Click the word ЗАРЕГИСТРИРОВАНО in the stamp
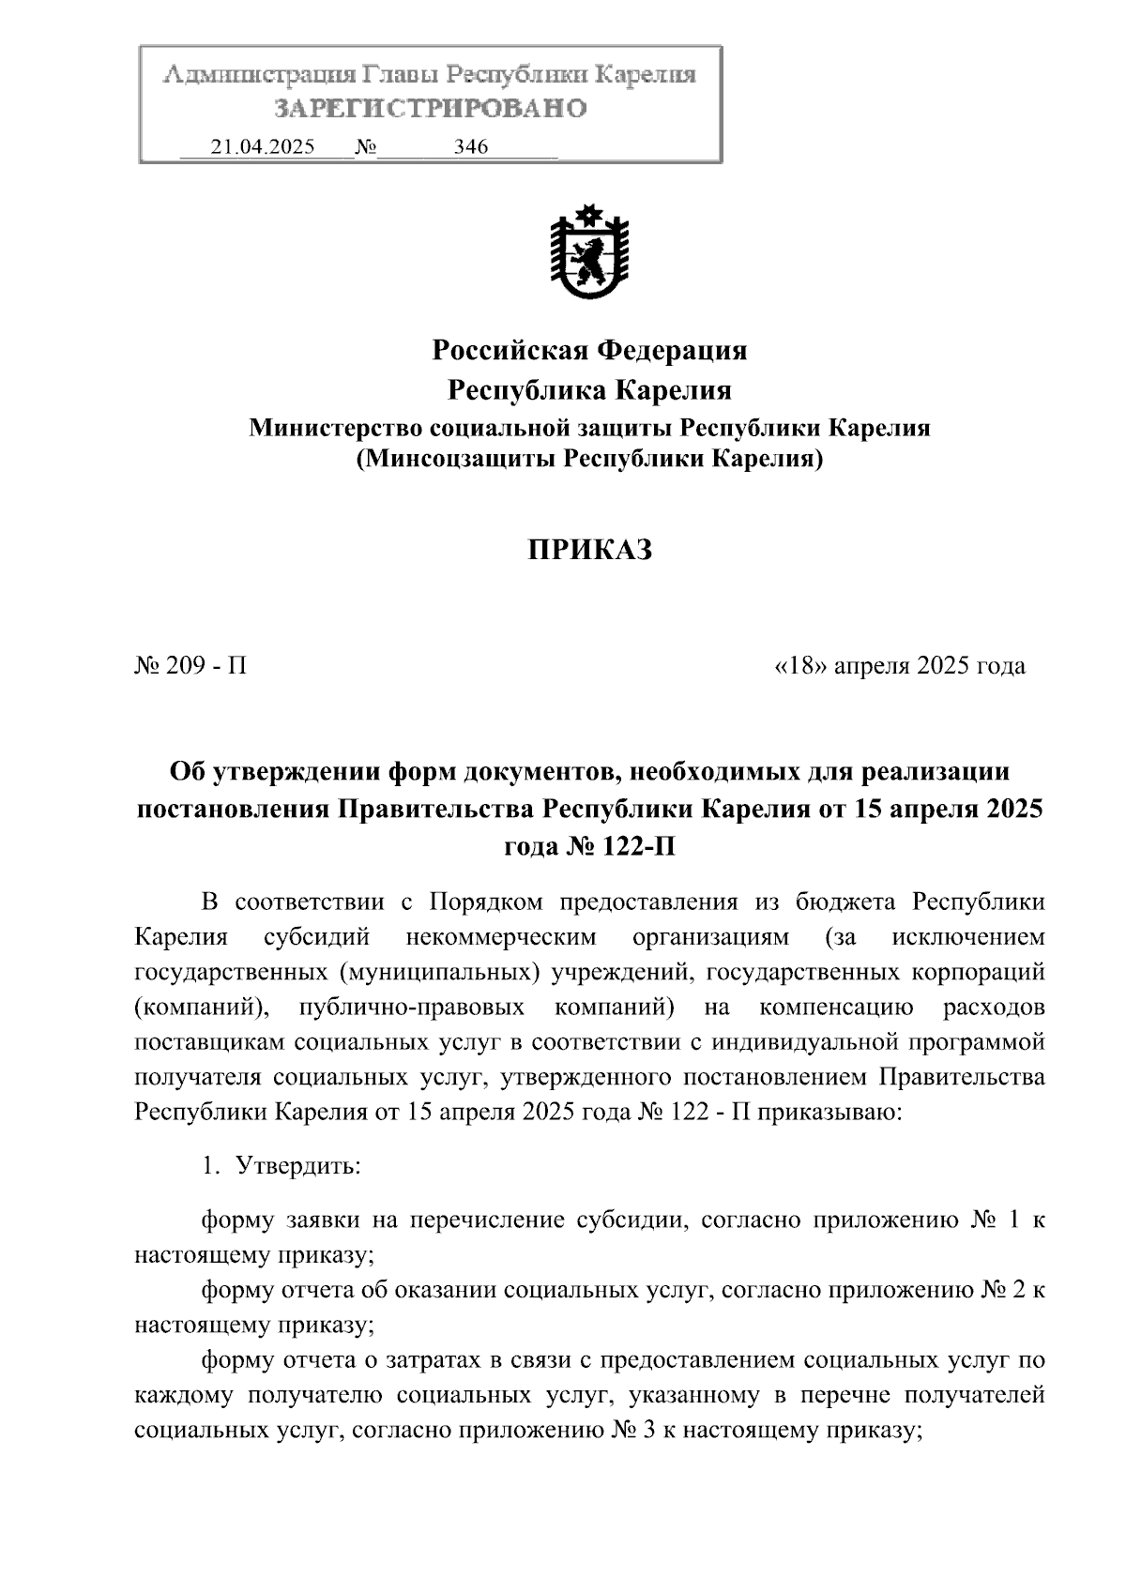tap(431, 109)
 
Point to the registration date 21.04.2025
tap(263, 146)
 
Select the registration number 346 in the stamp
tap(470, 146)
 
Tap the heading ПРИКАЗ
tap(589, 551)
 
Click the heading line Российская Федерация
tap(589, 351)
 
